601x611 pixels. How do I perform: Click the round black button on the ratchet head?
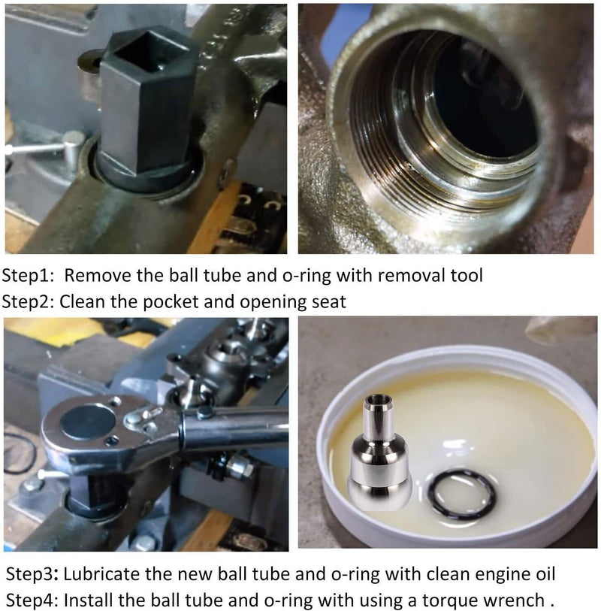tap(88, 422)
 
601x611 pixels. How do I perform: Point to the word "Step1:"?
tap(28, 276)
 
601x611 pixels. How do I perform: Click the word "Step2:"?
tap(28, 302)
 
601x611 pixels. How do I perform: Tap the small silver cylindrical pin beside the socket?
tap(74, 150)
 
